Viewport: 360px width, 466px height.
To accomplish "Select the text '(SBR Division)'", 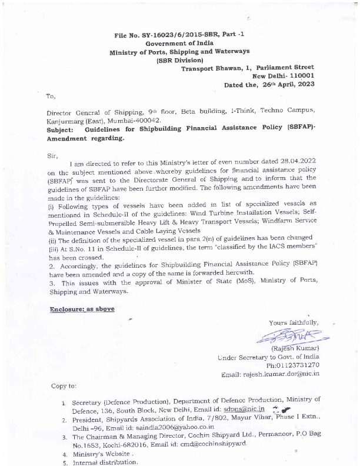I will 179,60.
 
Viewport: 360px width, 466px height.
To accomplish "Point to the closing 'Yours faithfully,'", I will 294,322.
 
